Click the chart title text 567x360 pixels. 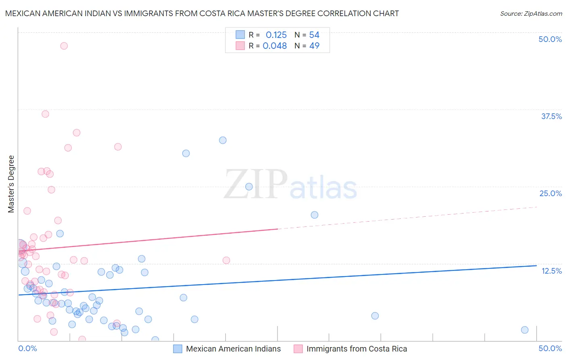(x=202, y=13)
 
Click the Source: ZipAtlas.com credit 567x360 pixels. (x=531, y=13)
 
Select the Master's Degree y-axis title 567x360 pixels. (x=11, y=184)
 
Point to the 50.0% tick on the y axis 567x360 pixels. (x=550, y=39)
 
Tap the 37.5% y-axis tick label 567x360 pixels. (x=551, y=116)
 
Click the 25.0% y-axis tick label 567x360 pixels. (x=550, y=193)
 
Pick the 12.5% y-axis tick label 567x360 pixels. (x=551, y=271)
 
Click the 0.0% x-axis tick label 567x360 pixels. (x=27, y=348)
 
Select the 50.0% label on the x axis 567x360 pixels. (x=550, y=348)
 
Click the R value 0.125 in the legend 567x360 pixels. (x=276, y=35)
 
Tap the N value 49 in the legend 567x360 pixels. (x=314, y=46)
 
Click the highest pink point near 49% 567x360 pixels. (x=64, y=46)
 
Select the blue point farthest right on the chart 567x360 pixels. (x=525, y=330)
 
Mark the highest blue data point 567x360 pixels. (x=223, y=140)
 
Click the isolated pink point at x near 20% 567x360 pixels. (x=226, y=260)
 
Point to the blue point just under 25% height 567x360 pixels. (x=249, y=186)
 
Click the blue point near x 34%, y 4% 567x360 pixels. (x=375, y=316)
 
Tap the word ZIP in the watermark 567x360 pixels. (x=255, y=184)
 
